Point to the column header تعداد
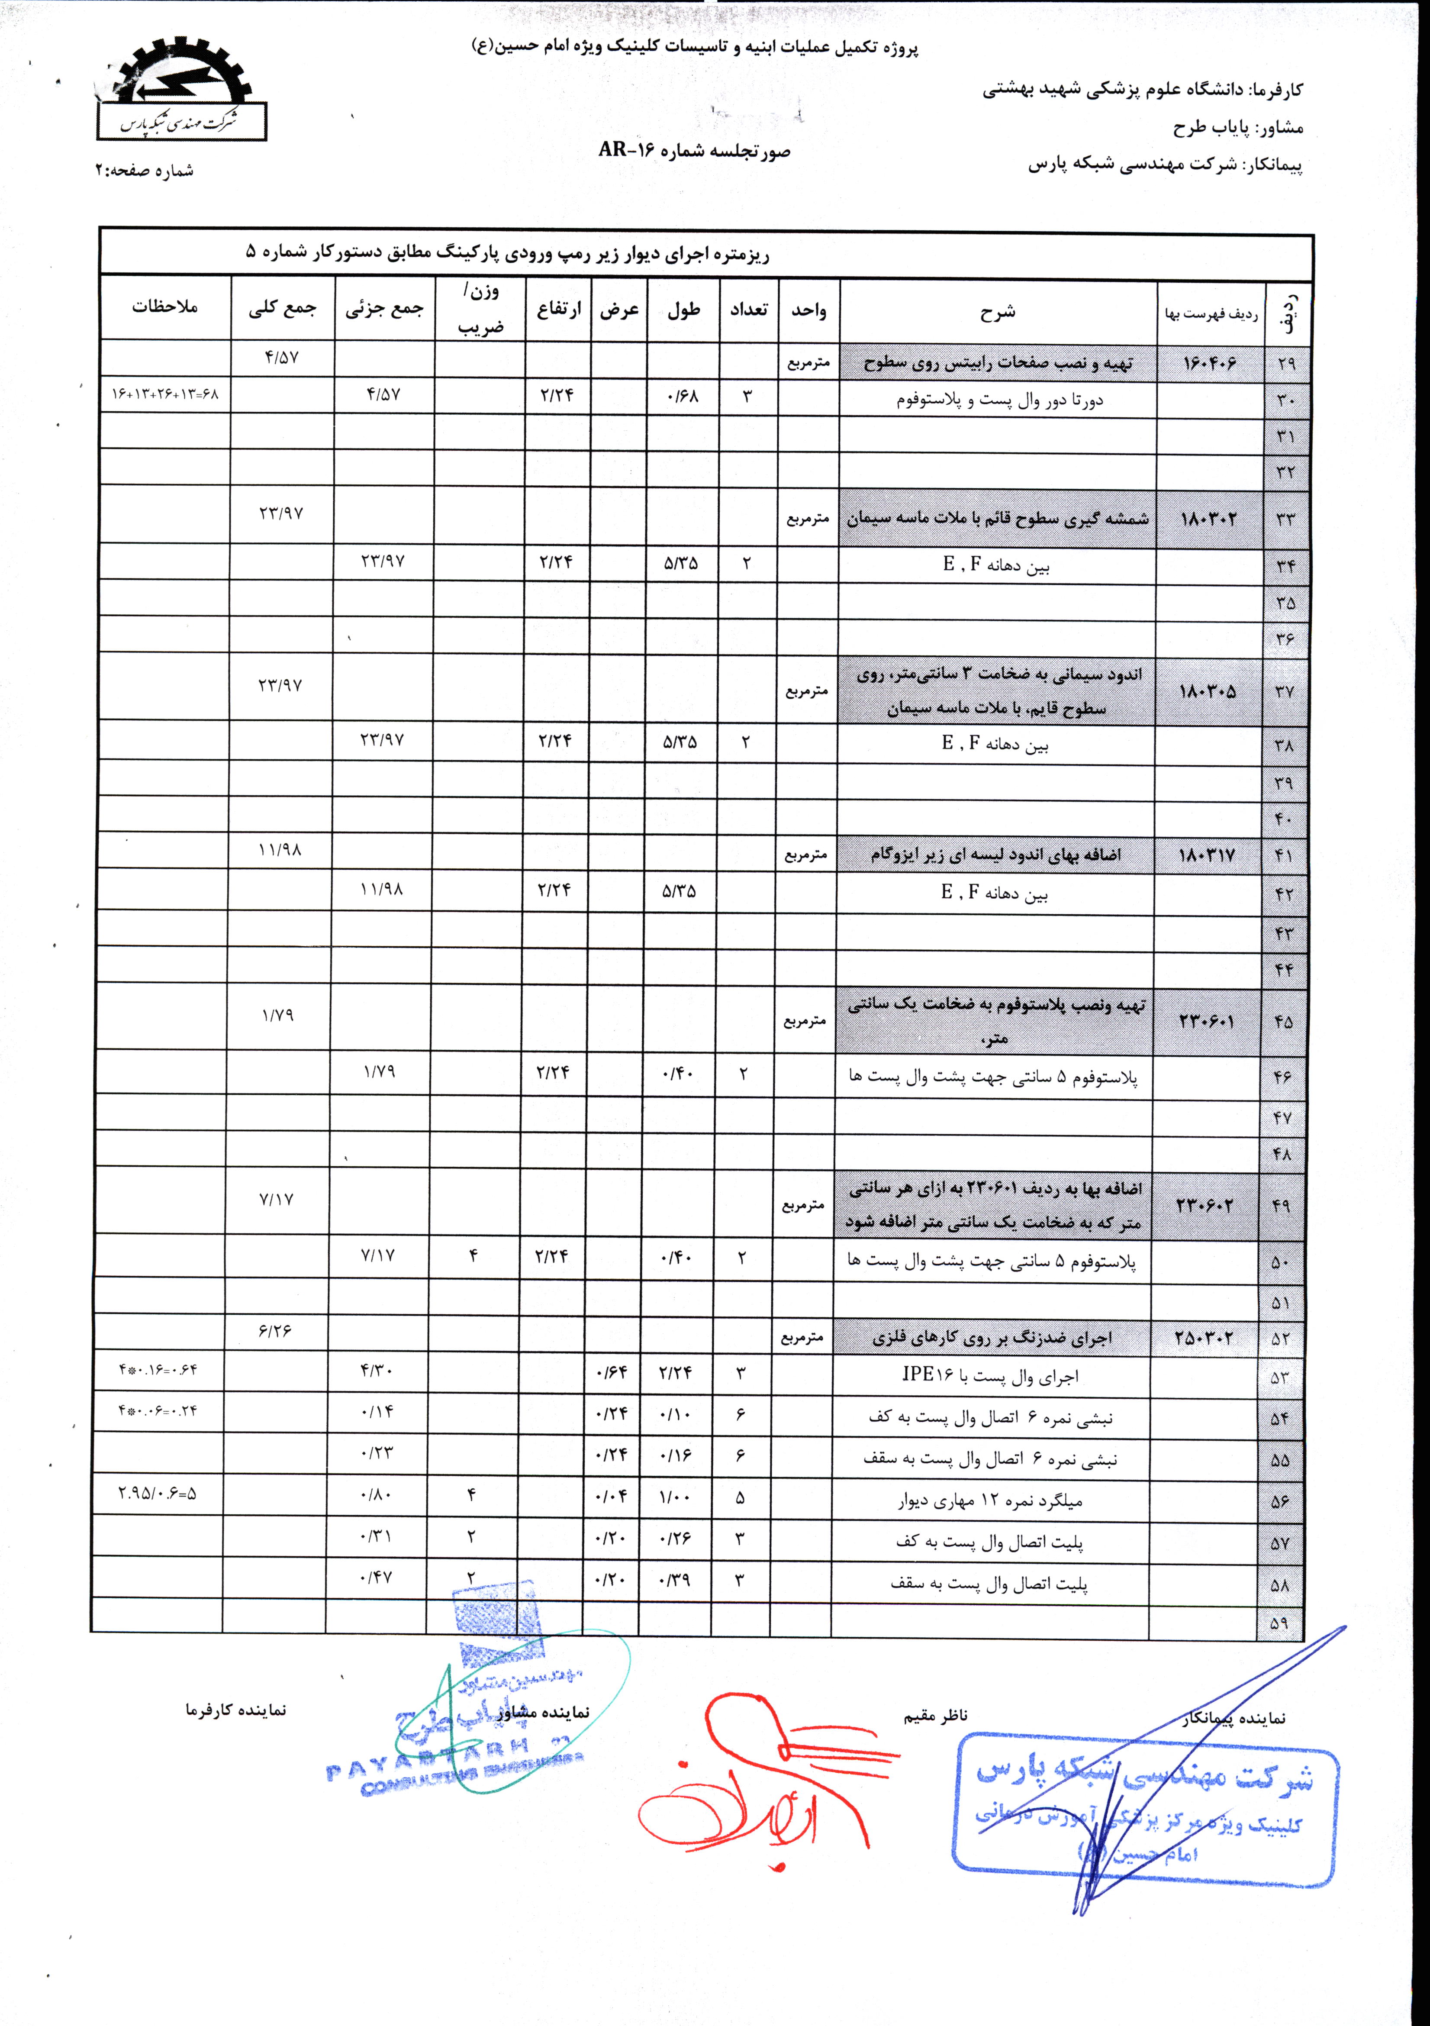click(x=748, y=309)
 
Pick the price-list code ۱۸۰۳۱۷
click(x=1207, y=855)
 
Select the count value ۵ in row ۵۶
click(x=739, y=1497)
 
